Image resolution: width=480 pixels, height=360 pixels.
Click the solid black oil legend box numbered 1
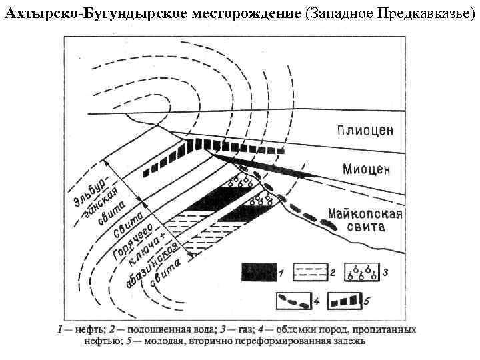[259, 272]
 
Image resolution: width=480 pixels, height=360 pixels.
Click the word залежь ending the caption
[346, 342]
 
